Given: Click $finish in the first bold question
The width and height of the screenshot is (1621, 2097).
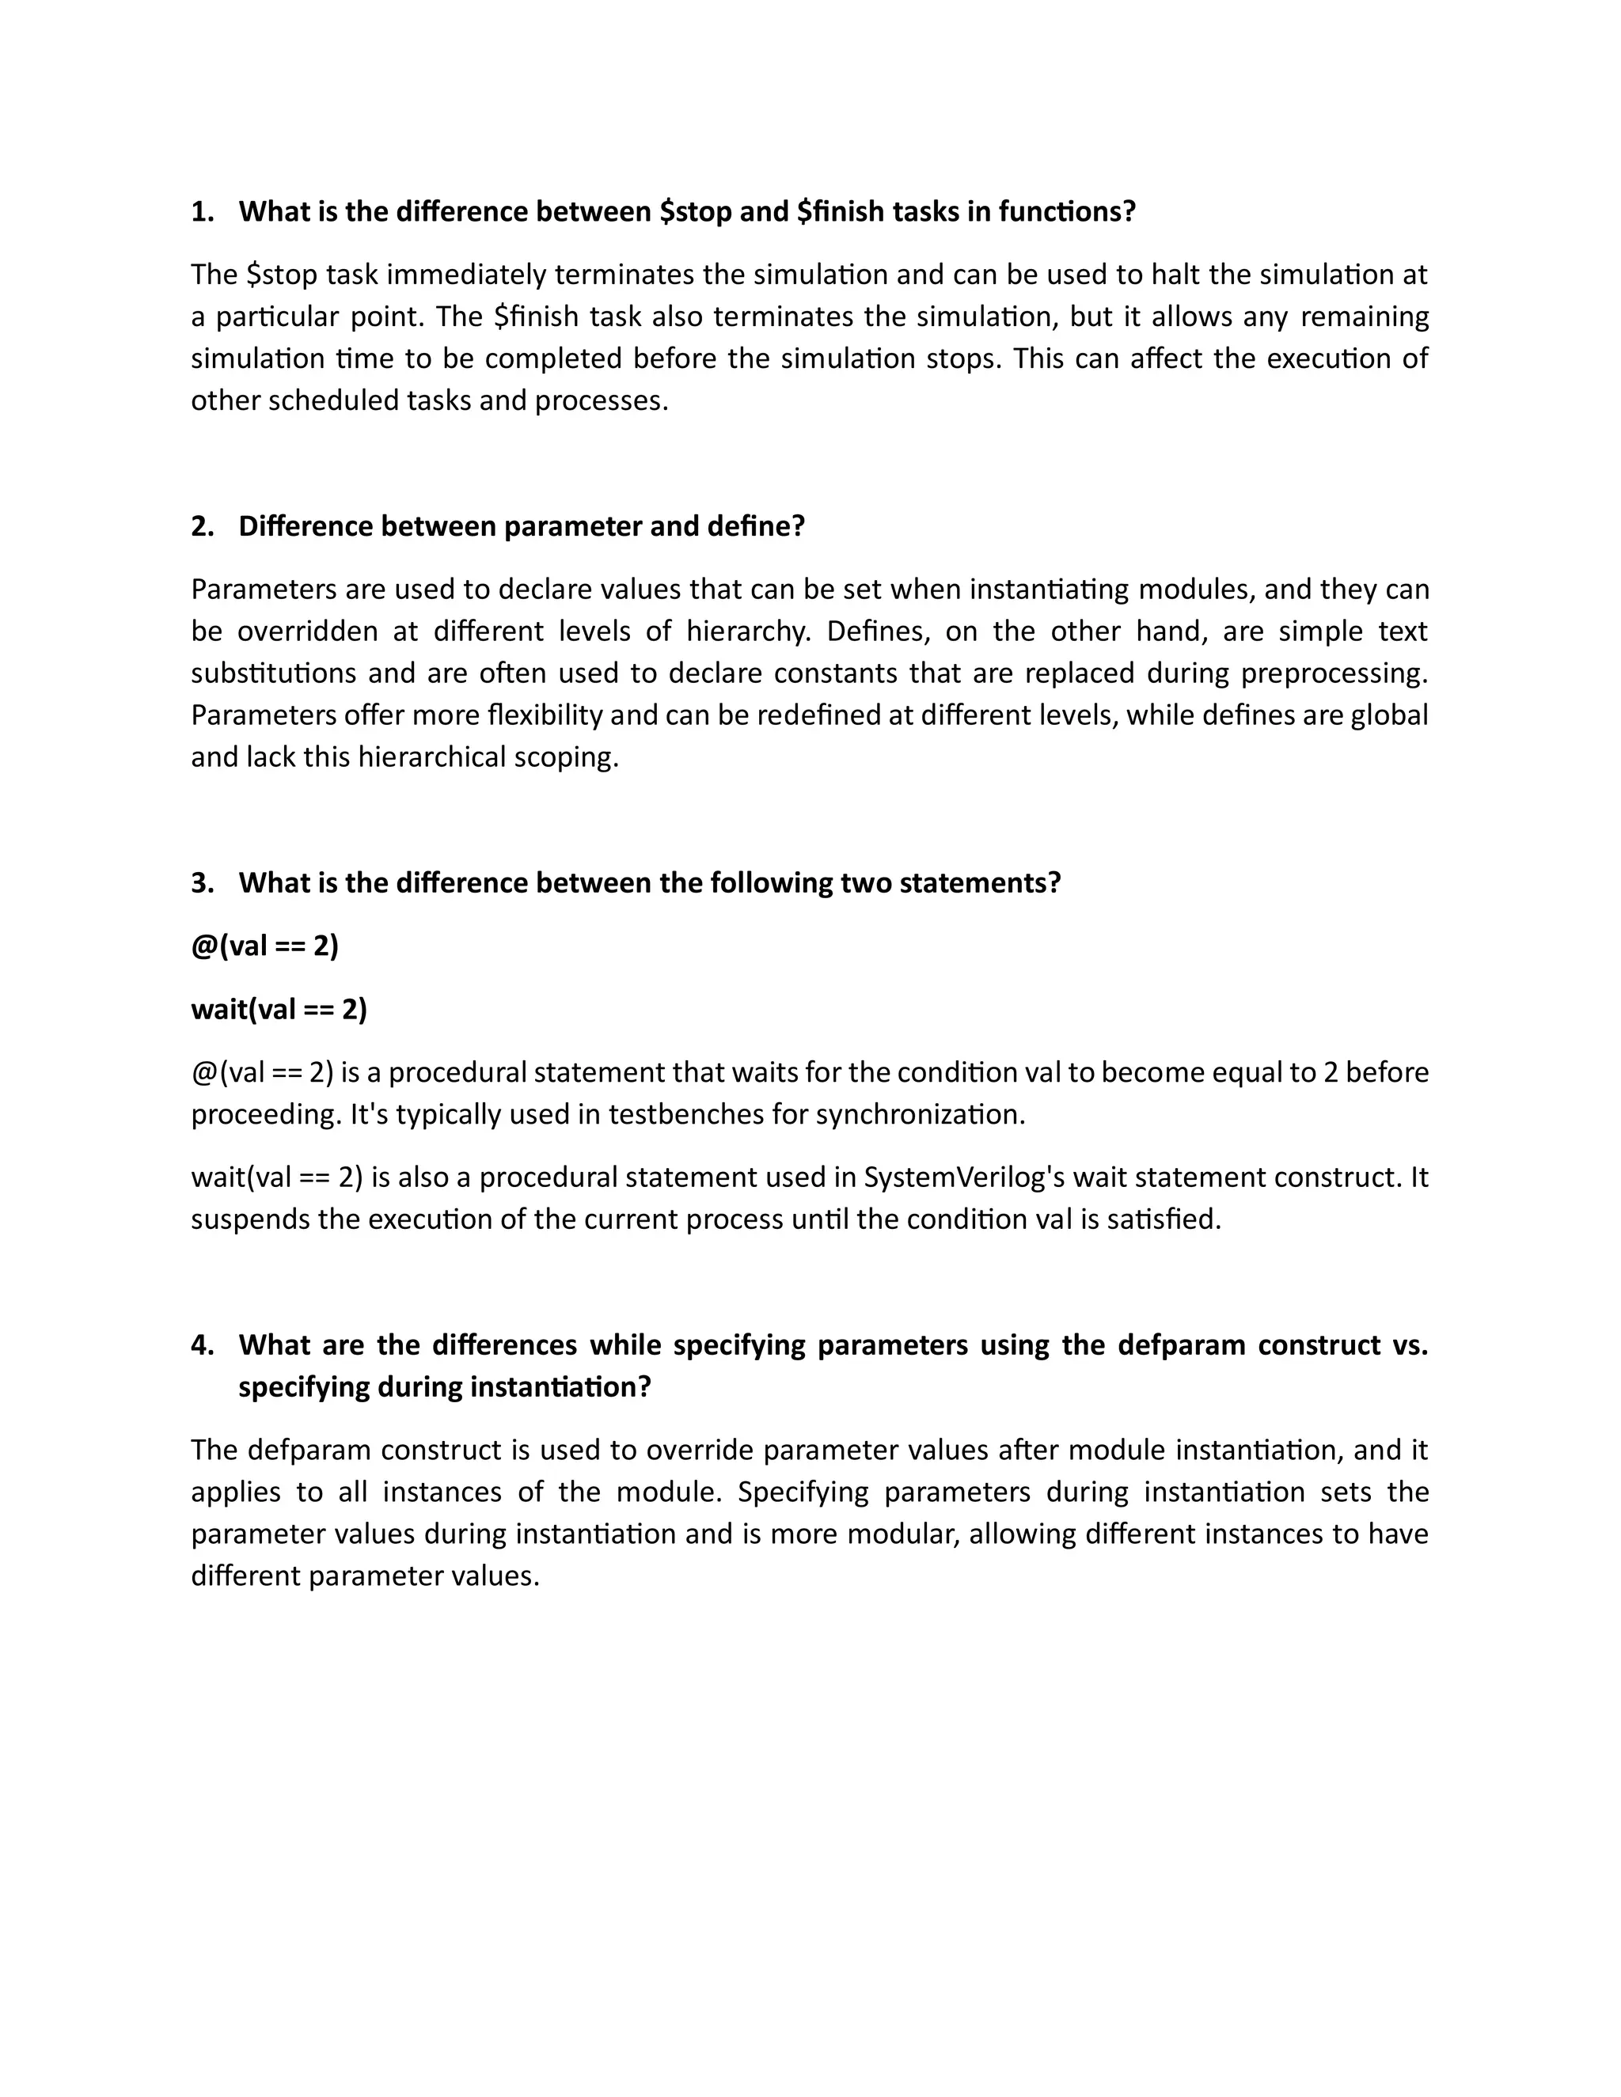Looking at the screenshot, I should (x=841, y=211).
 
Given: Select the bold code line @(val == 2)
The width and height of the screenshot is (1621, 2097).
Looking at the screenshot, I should (x=265, y=946).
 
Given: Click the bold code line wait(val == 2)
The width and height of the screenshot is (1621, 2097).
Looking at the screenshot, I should (x=279, y=1009).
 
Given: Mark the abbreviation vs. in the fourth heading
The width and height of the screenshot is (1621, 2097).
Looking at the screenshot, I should (x=1408, y=1345).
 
